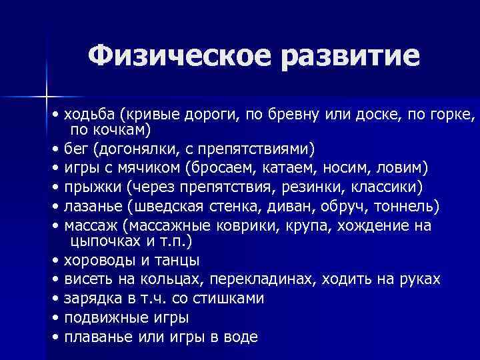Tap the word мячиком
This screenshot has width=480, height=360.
click(149, 166)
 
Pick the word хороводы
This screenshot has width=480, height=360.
click(97, 260)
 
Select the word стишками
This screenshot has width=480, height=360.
click(227, 298)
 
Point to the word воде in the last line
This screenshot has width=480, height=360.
click(241, 337)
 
